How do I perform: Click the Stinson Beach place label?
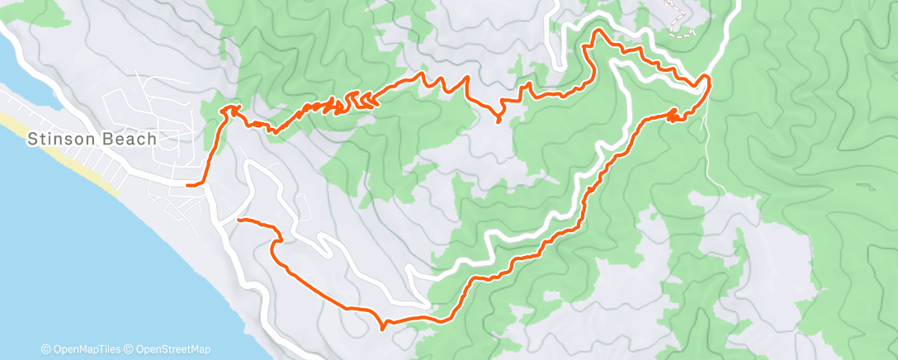tap(92, 139)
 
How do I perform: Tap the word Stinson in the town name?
tap(63, 139)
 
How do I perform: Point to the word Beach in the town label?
tap(130, 139)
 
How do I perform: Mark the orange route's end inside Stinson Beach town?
tap(189, 186)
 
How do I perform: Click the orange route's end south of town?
tap(239, 220)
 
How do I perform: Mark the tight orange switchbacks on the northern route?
tap(351, 102)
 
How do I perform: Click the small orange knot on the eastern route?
tap(673, 115)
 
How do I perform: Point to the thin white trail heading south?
tap(716, 157)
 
